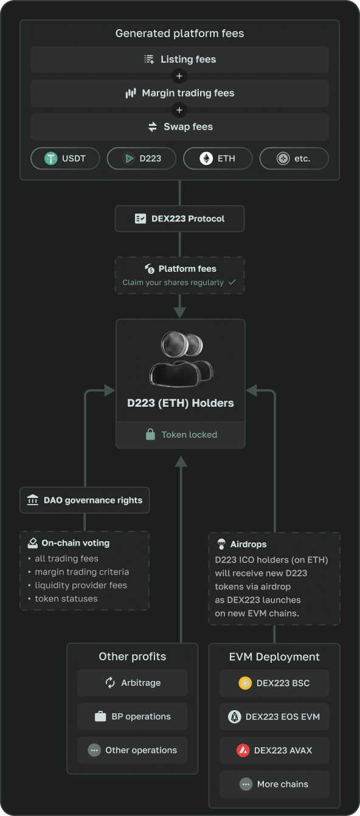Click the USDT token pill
tap(65, 159)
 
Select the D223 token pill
tap(141, 159)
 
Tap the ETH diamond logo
tap(206, 159)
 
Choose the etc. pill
tap(294, 159)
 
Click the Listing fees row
tap(179, 60)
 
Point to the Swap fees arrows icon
tap(153, 126)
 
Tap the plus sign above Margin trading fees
tap(179, 76)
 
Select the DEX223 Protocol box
tap(179, 218)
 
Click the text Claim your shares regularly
tap(173, 283)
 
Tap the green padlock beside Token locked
tap(150, 434)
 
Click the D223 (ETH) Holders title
tap(181, 403)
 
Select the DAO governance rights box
tap(85, 500)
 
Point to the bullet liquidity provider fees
tap(81, 586)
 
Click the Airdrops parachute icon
tap(221, 544)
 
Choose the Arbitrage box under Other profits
tap(133, 683)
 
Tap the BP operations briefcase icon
tap(100, 716)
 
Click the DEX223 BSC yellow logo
tap(245, 683)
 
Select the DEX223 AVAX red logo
tap(243, 750)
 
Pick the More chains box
tap(274, 784)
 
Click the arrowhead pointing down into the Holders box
tap(179, 312)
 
